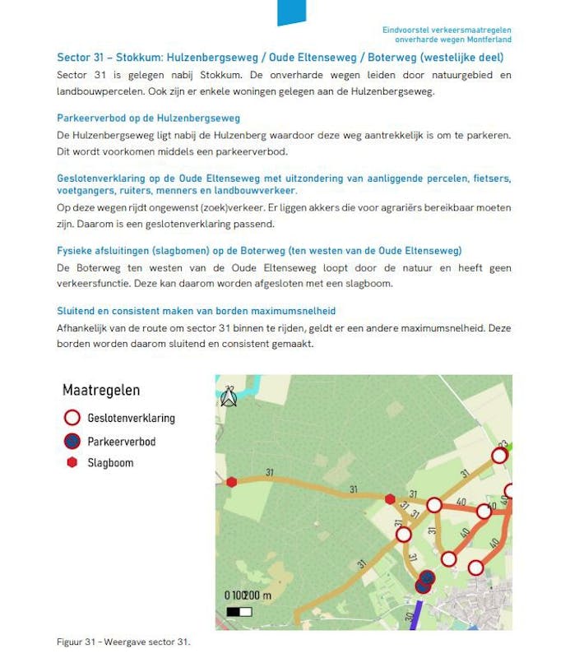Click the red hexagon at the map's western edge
(232, 482)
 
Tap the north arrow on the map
(229, 397)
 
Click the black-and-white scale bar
(239, 612)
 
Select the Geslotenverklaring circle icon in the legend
(72, 418)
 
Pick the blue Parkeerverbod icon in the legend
(72, 442)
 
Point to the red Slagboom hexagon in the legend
(72, 463)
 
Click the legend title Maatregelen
(101, 390)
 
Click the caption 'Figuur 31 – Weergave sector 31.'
(123, 642)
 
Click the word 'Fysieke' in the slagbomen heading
(73, 250)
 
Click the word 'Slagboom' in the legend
(110, 463)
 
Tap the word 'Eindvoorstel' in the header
(405, 30)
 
